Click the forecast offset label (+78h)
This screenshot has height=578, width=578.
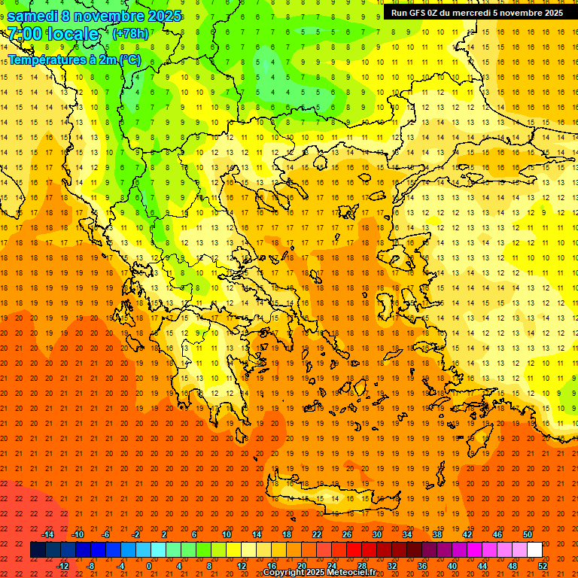tap(130, 34)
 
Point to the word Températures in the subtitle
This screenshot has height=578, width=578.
tap(46, 59)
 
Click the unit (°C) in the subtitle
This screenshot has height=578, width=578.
tap(129, 59)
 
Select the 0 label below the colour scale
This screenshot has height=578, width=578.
tap(149, 566)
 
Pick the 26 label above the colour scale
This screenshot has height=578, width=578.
tap(347, 534)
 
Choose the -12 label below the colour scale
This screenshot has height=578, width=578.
tap(62, 566)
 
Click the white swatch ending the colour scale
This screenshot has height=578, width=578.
tap(534, 550)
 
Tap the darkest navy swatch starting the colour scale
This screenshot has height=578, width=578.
tap(38, 550)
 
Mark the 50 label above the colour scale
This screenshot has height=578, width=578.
tap(528, 534)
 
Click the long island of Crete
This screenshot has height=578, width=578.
tap(331, 499)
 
